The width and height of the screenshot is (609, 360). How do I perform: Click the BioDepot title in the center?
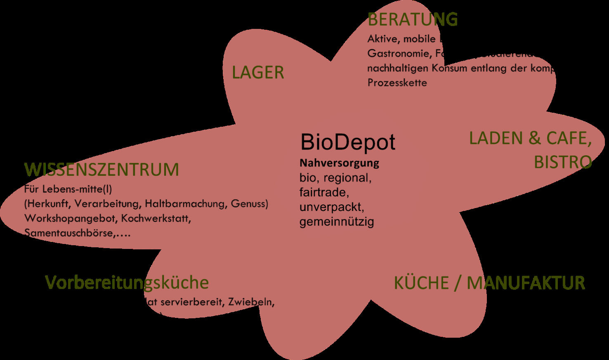tap(348, 142)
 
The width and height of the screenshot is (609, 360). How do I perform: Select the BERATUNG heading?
tap(412, 19)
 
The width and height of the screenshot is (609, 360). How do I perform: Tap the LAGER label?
tap(258, 73)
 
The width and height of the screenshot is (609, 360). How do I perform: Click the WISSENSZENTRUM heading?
tap(101, 170)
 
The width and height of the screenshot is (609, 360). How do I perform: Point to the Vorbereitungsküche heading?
tap(127, 283)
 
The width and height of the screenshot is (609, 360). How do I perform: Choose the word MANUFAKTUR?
tap(526, 283)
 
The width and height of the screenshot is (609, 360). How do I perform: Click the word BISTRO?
tap(563, 162)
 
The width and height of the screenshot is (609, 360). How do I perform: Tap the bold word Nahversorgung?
tap(339, 163)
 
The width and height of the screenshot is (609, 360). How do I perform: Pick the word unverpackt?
tap(332, 207)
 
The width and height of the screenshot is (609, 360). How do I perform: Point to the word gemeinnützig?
tap(337, 222)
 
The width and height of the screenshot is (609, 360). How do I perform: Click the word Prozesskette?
tap(397, 83)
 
